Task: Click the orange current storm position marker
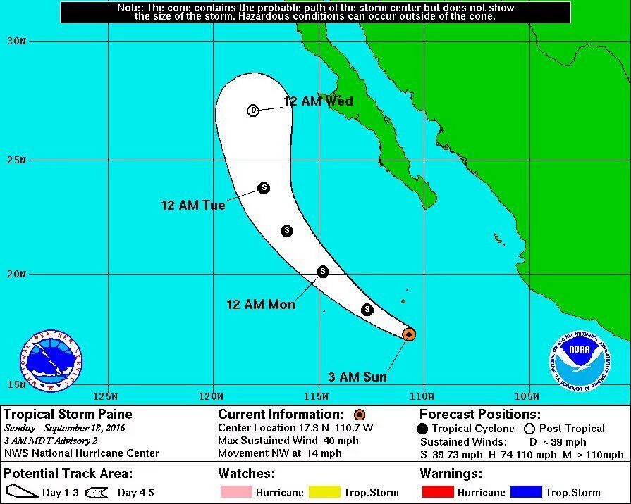(x=409, y=334)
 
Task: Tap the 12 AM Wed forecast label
(x=318, y=101)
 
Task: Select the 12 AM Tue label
(x=193, y=206)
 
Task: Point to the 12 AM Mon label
(x=261, y=305)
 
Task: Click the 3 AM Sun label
(x=358, y=377)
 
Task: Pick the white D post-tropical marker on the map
(x=253, y=110)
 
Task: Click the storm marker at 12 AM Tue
(x=264, y=187)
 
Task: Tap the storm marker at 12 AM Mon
(x=323, y=272)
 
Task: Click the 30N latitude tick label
(x=17, y=41)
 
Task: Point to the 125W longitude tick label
(x=109, y=394)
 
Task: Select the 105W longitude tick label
(x=527, y=394)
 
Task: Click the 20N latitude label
(x=17, y=275)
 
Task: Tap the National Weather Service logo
(x=51, y=360)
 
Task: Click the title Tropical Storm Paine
(x=68, y=415)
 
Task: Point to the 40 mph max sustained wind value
(x=343, y=441)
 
